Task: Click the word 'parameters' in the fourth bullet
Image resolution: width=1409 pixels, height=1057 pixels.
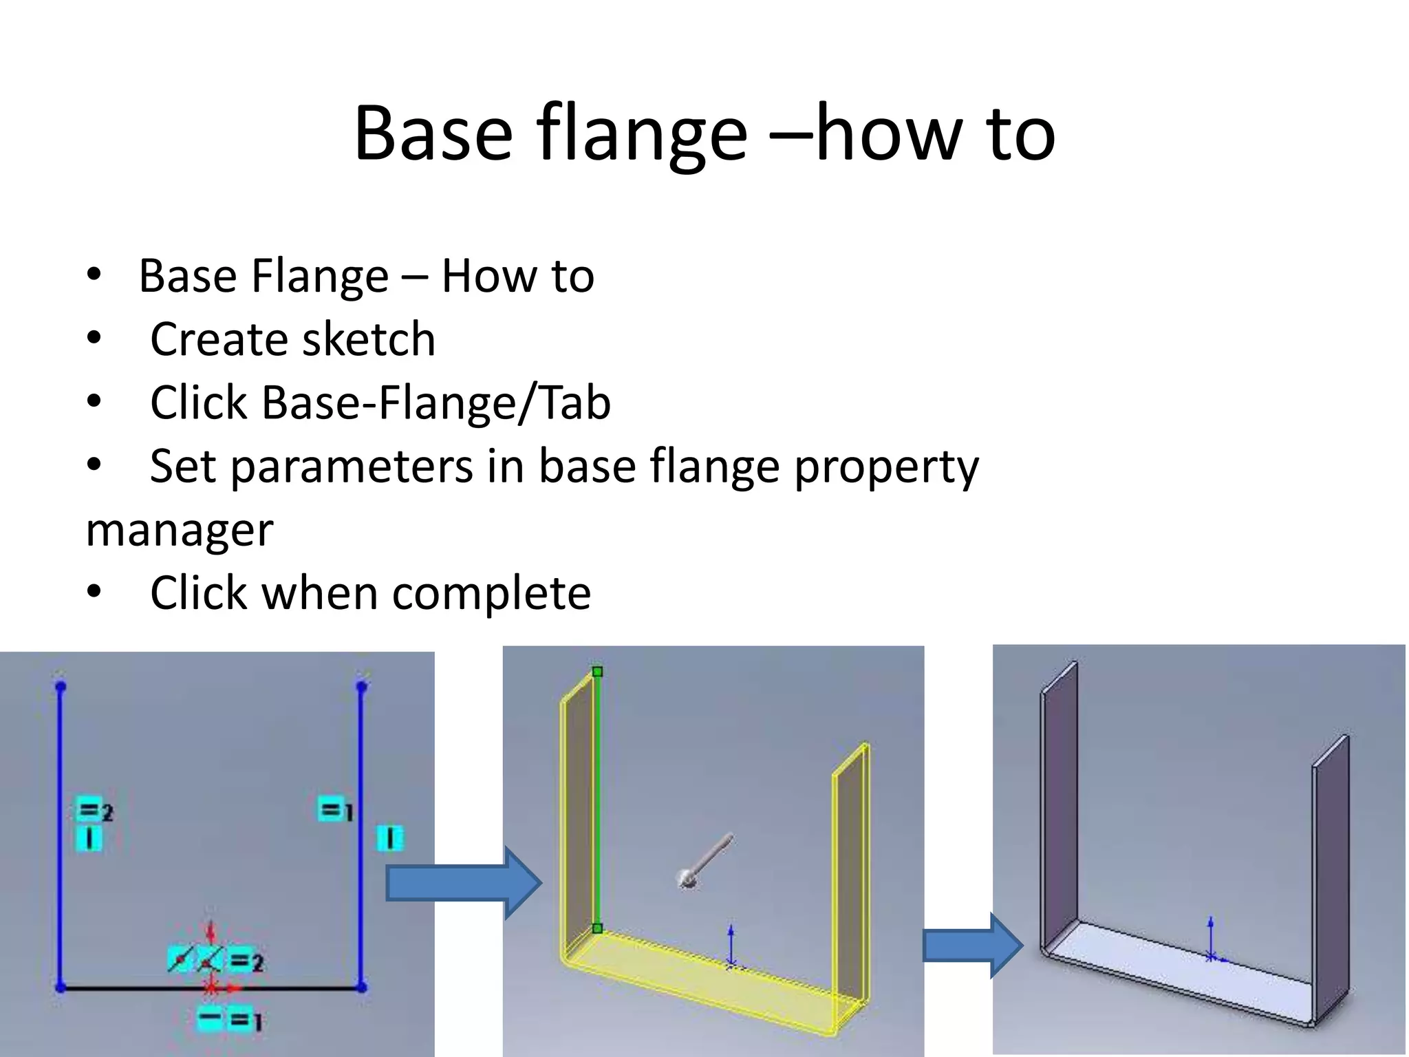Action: [x=352, y=467]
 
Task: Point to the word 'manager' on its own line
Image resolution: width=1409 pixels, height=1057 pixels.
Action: [x=180, y=530]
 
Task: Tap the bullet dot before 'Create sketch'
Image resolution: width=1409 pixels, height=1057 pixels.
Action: [x=94, y=339]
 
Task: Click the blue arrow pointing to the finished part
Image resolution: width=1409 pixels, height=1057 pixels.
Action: [x=972, y=946]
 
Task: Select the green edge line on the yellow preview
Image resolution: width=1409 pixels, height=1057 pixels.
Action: [x=597, y=798]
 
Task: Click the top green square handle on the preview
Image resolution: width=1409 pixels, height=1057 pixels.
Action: [x=597, y=672]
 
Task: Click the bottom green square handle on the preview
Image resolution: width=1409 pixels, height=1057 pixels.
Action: [x=597, y=928]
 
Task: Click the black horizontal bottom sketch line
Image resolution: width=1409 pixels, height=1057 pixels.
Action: [x=138, y=988]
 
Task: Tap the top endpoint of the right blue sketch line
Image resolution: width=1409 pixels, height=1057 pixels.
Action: [x=362, y=686]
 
